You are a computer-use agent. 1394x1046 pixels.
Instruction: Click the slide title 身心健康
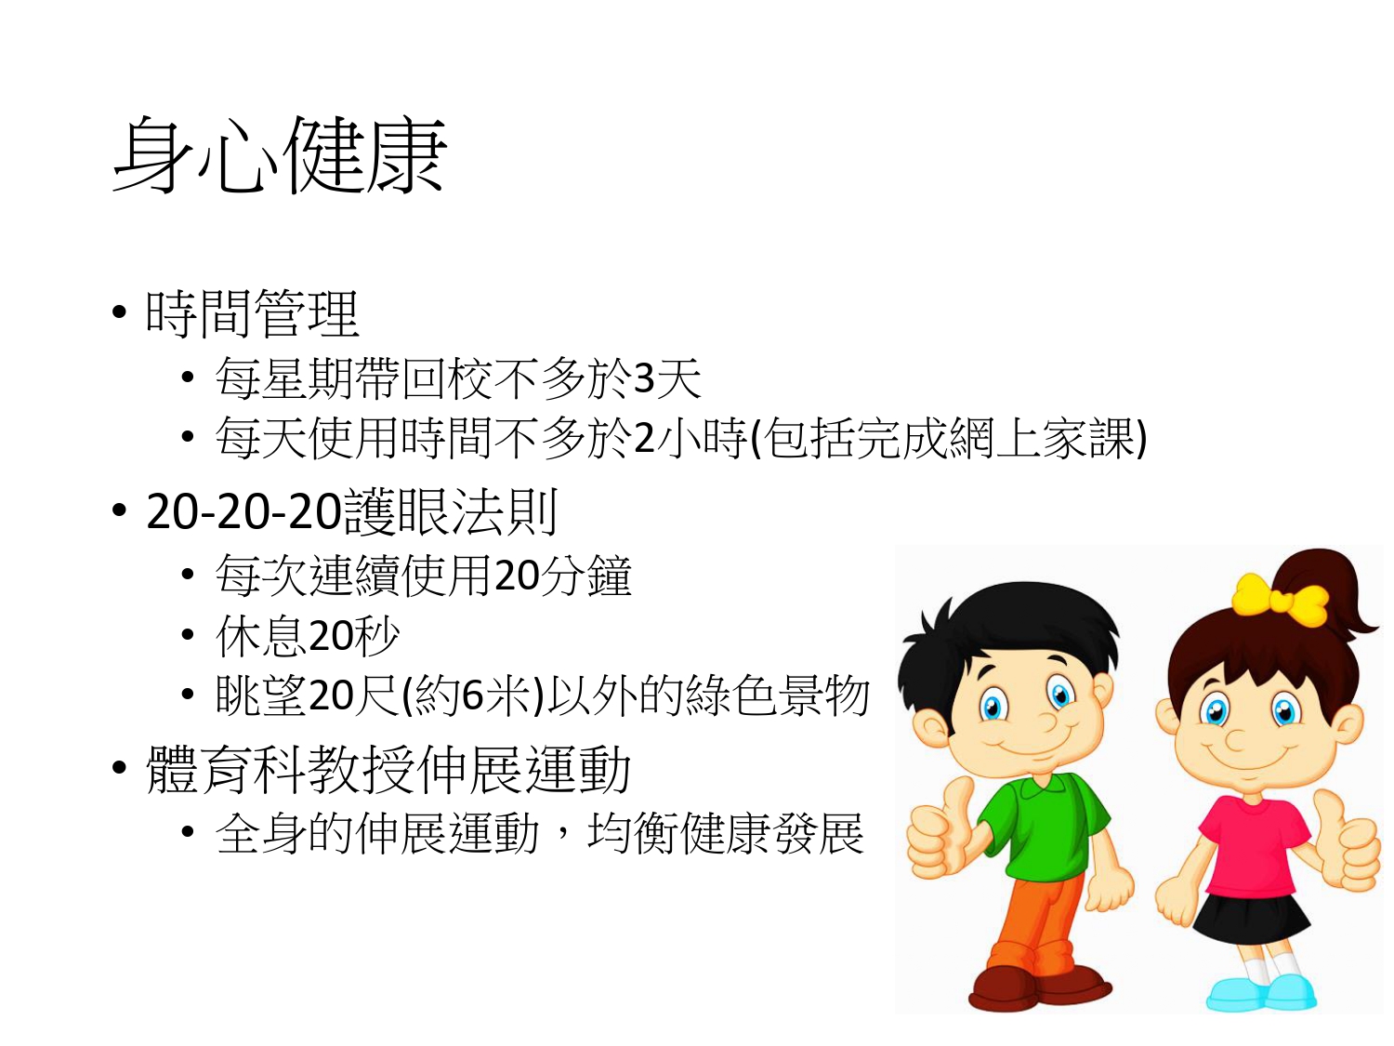pos(280,155)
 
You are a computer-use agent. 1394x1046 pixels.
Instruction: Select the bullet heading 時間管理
pos(253,313)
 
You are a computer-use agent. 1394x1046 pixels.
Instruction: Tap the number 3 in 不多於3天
pos(644,378)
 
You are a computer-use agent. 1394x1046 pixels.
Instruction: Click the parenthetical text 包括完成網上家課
pos(948,438)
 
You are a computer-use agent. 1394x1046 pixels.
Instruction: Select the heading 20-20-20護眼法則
pos(352,512)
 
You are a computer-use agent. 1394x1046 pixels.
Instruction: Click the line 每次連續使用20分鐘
pos(424,576)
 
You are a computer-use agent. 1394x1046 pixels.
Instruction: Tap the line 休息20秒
pos(308,636)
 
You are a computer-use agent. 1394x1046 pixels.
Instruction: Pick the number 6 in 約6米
pos(472,696)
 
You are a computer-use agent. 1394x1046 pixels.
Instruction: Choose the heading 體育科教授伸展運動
pos(388,770)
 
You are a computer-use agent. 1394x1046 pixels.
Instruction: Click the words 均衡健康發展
pos(726,832)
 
